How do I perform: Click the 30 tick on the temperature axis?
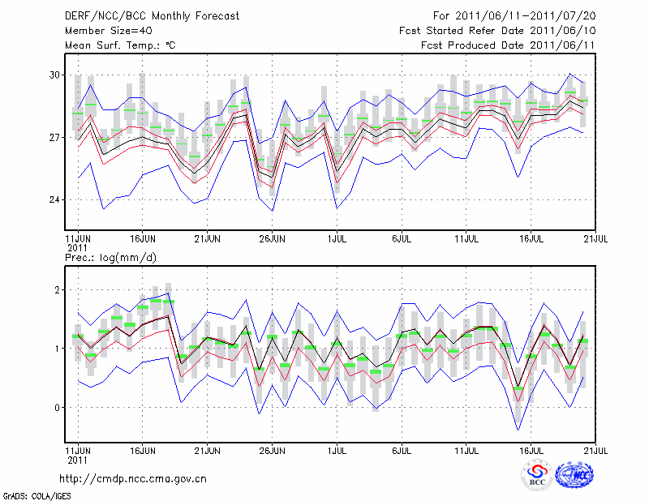pyautogui.click(x=54, y=75)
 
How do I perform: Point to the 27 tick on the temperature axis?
pyautogui.click(x=54, y=137)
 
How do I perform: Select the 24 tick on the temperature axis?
pyautogui.click(x=54, y=199)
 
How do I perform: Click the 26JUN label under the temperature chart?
pyautogui.click(x=272, y=240)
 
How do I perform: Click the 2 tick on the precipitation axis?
pyautogui.click(x=58, y=289)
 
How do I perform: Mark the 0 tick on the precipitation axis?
pyautogui.click(x=58, y=407)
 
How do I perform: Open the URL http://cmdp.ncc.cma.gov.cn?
pyautogui.click(x=133, y=478)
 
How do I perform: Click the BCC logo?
pyautogui.click(x=537, y=476)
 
